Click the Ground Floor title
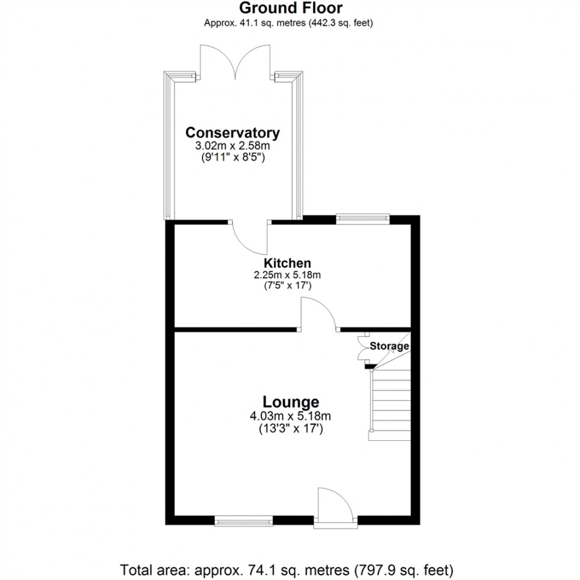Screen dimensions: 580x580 pyautogui.click(x=290, y=8)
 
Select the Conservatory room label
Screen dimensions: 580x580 pyautogui.click(x=232, y=132)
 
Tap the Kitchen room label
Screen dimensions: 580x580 pyautogui.click(x=287, y=263)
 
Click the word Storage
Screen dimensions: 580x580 pyautogui.click(x=389, y=346)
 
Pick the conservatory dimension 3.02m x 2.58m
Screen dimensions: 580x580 pyautogui.click(x=232, y=146)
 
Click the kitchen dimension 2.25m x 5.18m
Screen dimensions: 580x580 pyautogui.click(x=287, y=275)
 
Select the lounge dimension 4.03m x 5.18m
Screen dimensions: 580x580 pyautogui.click(x=290, y=416)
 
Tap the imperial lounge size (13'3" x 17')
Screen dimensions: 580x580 pyautogui.click(x=290, y=428)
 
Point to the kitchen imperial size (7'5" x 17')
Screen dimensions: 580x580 pyautogui.click(x=287, y=286)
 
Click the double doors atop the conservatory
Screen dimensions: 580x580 pyautogui.click(x=237, y=62)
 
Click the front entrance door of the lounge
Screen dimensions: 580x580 pyautogui.click(x=336, y=506)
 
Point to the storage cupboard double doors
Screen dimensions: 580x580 pyautogui.click(x=363, y=349)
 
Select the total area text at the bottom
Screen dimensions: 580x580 pyautogui.click(x=290, y=569)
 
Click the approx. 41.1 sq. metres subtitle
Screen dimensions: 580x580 pyautogui.click(x=290, y=23)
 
